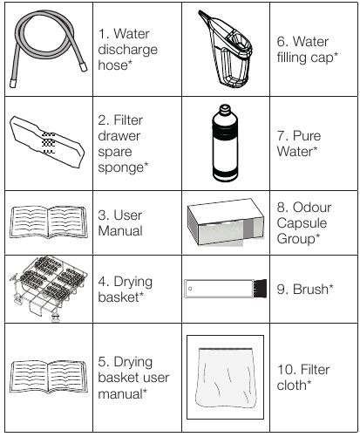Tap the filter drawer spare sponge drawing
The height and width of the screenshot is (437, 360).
pos(47,142)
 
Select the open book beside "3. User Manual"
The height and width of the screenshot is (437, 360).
pos(49,222)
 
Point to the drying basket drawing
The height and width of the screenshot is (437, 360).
pos(48,289)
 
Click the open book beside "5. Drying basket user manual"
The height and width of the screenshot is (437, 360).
pos(49,377)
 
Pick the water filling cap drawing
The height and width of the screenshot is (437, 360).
pos(225,50)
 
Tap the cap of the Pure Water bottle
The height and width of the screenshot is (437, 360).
pos(225,109)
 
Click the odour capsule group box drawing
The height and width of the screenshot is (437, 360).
pos(226,222)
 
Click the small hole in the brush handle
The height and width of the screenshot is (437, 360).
pos(190,289)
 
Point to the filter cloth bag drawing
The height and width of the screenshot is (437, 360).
pos(226,378)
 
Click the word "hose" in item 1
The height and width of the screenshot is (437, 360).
pos(112,65)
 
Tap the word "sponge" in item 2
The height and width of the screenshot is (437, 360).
pos(121,167)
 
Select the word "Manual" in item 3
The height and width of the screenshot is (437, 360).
pos(120,231)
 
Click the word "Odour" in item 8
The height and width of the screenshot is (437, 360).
pos(312,208)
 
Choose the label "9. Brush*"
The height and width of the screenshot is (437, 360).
pos(305,289)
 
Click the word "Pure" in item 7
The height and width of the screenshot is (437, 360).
pos(307,135)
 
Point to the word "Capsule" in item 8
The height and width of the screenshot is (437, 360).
pos(302,223)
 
